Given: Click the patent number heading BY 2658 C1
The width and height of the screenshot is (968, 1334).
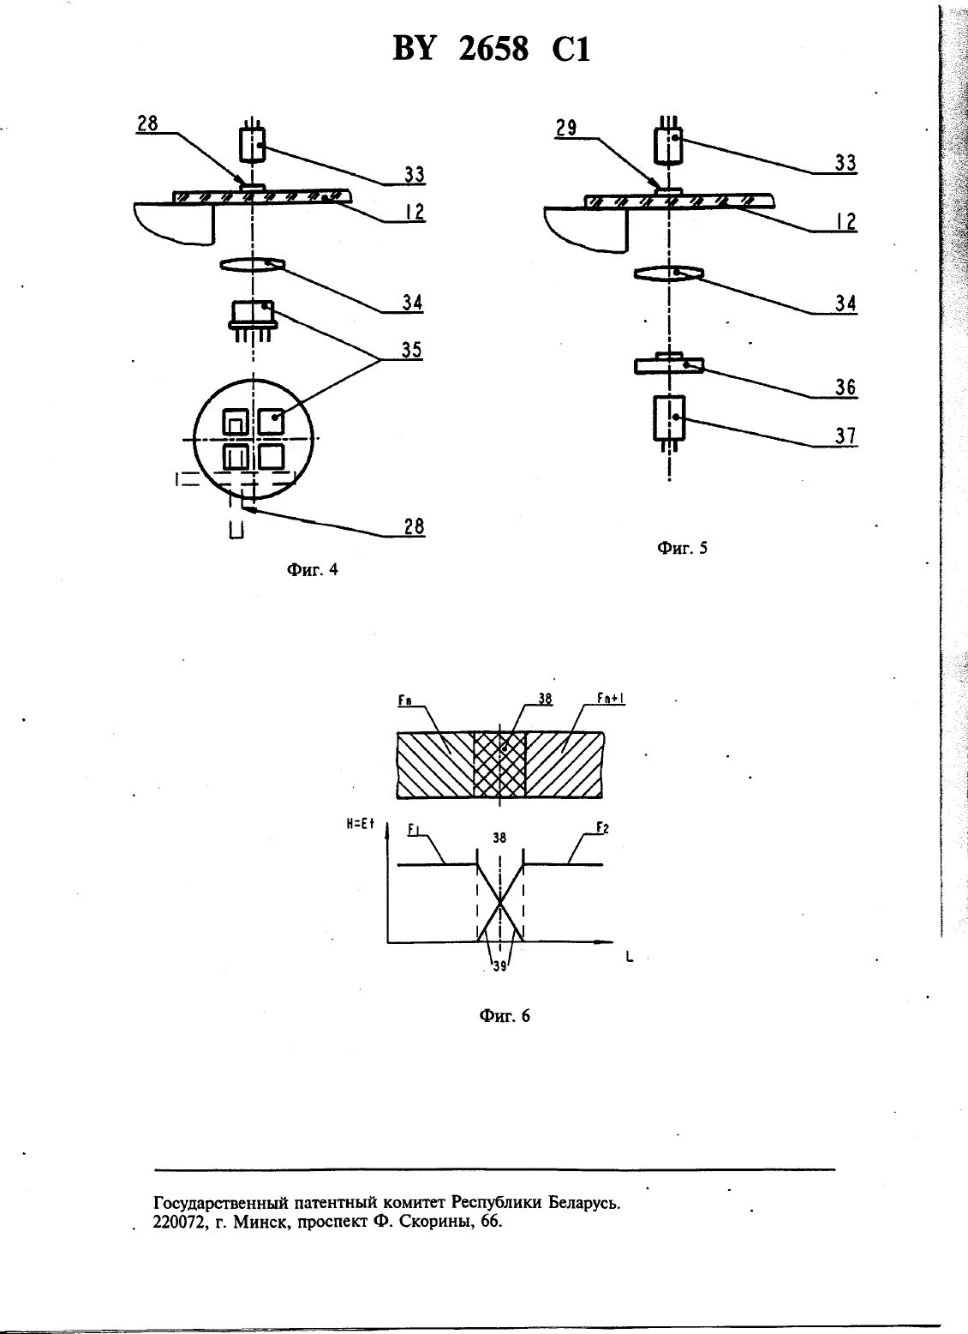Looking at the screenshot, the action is point(492,49).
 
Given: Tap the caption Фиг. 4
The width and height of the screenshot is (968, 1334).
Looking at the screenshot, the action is point(312,570).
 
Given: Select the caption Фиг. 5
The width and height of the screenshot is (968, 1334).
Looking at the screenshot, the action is point(683,548).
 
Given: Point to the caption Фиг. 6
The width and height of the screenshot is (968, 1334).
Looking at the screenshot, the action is point(505,1015).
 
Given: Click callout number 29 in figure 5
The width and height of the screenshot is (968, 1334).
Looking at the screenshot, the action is point(565,128).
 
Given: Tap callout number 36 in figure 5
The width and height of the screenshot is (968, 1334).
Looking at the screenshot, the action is point(846,388).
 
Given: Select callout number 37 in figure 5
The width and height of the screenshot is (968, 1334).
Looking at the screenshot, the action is point(846,436).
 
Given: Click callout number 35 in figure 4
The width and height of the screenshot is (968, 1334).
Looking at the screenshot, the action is point(412,350).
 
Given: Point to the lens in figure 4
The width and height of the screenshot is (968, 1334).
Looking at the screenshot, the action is point(253,264).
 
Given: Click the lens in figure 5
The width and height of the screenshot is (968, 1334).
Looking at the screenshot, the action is point(669,273).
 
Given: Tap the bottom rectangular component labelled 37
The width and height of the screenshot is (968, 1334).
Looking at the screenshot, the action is point(669,418).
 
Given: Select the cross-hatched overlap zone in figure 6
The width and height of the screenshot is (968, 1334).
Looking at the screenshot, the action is point(499,765).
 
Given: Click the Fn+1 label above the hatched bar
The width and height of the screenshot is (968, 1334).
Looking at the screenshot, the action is point(611,699).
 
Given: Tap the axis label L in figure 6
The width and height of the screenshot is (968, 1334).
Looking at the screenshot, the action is point(629,958).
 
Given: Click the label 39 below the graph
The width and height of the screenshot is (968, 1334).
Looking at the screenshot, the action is point(499,966).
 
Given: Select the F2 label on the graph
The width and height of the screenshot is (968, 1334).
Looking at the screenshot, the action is point(602,828).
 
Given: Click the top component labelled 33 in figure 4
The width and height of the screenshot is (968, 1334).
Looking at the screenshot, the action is point(253,145).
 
